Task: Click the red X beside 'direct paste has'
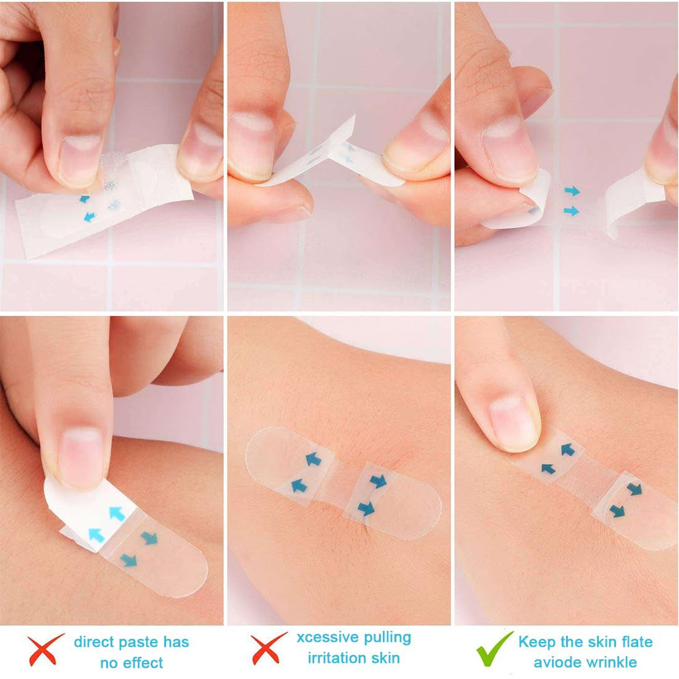46,649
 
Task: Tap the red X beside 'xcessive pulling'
269,648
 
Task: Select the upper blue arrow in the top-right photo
572,191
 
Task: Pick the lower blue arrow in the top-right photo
572,211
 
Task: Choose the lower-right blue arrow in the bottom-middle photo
367,509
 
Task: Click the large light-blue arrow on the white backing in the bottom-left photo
115,512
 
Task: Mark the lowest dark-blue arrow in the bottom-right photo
617,510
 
